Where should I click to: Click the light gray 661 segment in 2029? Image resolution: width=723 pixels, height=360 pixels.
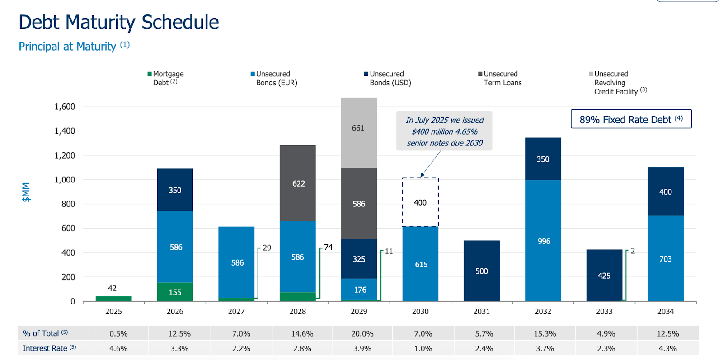[359, 132]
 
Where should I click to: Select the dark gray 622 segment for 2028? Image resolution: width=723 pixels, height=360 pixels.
[297, 183]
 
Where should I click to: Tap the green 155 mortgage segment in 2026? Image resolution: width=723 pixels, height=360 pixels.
[175, 292]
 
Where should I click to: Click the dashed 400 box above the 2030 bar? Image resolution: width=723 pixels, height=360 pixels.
[420, 202]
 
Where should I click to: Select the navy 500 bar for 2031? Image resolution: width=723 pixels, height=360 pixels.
[481, 271]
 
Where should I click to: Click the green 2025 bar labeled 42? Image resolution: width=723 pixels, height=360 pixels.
[113, 299]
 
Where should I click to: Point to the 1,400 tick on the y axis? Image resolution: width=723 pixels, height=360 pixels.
[65, 131]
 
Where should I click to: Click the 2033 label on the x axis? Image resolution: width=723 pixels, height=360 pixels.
[604, 311]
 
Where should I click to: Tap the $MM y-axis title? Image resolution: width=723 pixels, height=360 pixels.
[26, 192]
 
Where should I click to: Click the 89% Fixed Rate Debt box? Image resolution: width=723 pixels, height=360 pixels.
[631, 119]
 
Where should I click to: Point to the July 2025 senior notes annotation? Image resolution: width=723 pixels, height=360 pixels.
[444, 131]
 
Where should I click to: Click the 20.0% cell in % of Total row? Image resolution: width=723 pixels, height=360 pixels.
[362, 333]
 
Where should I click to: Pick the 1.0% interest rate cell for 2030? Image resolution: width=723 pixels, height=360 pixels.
[423, 348]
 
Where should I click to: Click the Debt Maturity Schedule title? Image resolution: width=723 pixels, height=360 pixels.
[119, 22]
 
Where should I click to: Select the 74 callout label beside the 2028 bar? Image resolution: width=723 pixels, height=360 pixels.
[328, 247]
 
